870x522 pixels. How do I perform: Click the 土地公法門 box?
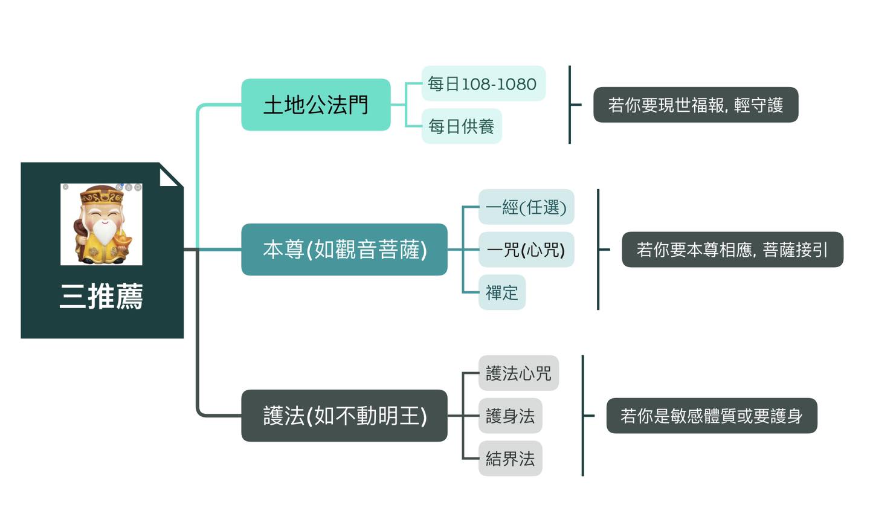click(315, 105)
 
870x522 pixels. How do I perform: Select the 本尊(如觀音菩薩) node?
click(344, 250)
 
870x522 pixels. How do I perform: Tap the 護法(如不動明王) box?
click(344, 416)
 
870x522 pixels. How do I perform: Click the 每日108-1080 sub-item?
click(483, 83)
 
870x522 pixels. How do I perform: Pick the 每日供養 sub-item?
click(461, 126)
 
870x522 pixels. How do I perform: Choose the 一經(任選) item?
click(526, 207)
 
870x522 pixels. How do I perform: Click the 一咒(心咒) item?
click(526, 250)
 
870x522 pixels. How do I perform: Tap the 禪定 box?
click(501, 293)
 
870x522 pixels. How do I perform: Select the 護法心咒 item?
click(518, 373)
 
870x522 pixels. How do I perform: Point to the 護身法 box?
click(510, 416)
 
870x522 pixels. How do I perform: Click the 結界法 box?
click(510, 459)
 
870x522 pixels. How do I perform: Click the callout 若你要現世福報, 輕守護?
click(695, 105)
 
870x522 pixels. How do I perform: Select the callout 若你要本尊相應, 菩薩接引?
click(732, 250)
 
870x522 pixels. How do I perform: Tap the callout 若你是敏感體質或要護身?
click(711, 416)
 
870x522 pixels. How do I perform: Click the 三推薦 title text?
click(101, 297)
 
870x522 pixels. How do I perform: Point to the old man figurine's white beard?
click(103, 233)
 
